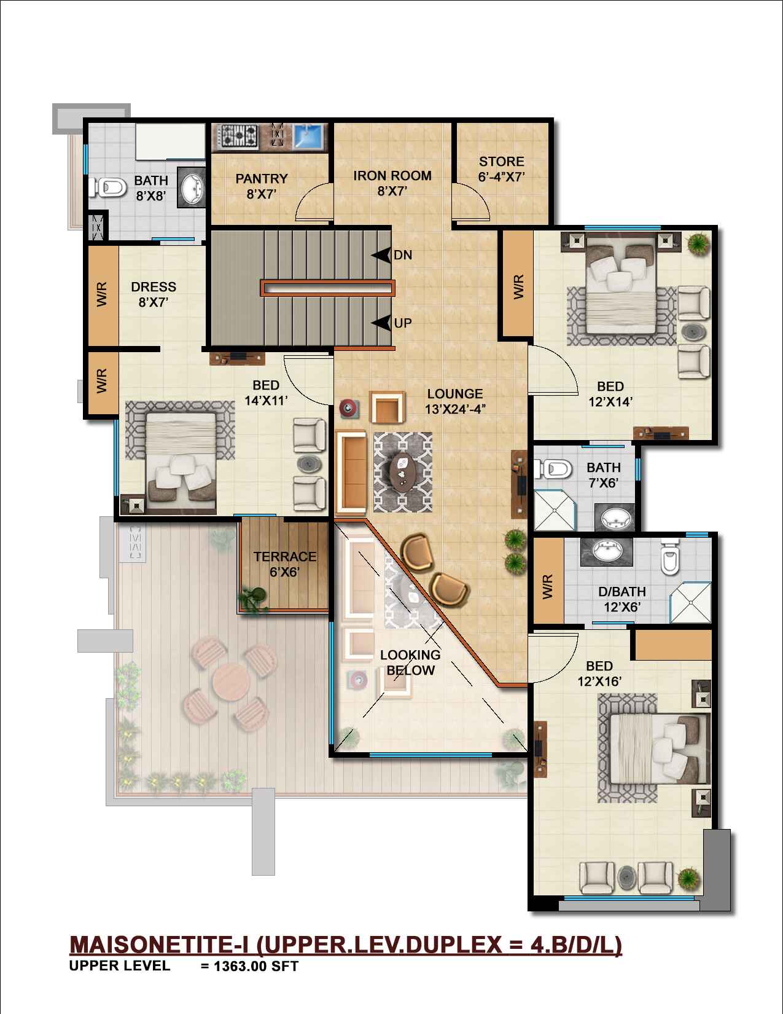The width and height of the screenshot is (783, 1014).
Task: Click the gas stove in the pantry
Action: [x=240, y=136]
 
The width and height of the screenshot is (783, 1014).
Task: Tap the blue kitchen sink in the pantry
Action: [x=308, y=136]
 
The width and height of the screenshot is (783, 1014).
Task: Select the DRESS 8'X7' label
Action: [x=154, y=294]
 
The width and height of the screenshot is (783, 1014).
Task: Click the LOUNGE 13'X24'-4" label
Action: [x=455, y=401]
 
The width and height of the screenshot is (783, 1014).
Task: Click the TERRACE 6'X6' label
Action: [x=284, y=564]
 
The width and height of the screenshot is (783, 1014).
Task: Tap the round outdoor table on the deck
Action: [x=232, y=683]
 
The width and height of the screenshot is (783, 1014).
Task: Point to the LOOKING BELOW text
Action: [x=410, y=662]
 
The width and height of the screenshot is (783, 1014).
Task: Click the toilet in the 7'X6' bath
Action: [x=553, y=468]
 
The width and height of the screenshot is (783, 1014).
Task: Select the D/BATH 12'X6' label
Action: [x=622, y=599]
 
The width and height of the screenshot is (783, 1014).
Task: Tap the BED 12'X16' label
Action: [x=599, y=674]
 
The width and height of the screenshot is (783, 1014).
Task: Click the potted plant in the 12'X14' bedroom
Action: [x=697, y=243]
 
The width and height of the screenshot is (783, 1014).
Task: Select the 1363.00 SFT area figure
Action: [x=255, y=966]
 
